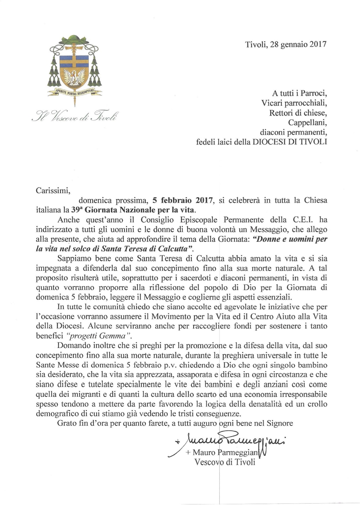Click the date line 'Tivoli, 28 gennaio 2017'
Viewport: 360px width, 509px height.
click(x=286, y=44)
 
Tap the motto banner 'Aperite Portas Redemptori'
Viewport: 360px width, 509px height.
click(x=75, y=92)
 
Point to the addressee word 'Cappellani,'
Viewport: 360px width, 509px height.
click(x=307, y=122)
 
